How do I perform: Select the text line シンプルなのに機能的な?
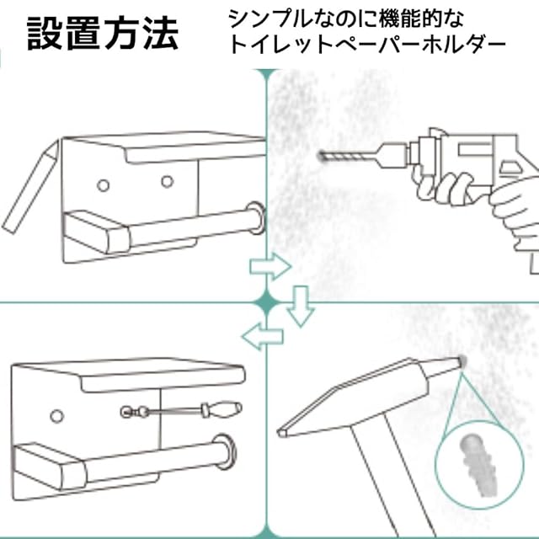point(346,17)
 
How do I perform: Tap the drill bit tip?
point(322,156)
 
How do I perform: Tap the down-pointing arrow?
point(300,307)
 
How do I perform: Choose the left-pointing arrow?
point(259,337)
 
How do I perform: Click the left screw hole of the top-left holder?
point(103,183)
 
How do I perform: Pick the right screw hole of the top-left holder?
point(167,180)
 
